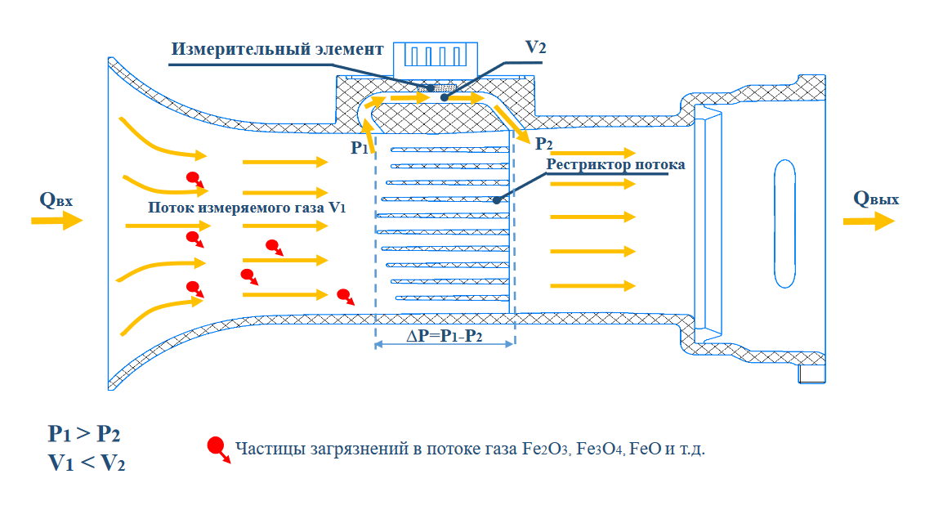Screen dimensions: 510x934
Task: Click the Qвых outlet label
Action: coord(876,199)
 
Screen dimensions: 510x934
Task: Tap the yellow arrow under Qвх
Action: coord(57,221)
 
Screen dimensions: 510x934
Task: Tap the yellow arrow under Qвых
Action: coord(874,220)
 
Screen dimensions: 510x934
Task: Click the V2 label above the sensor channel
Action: coord(535,47)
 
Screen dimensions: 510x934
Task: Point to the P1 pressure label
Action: coord(360,148)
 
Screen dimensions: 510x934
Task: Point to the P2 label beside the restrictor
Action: coord(543,145)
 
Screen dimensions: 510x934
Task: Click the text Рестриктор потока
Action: coord(615,164)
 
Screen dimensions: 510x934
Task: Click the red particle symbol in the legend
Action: coord(217,448)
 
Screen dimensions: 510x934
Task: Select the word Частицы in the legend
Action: coord(263,449)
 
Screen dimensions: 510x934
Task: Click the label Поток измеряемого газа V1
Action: coord(247,208)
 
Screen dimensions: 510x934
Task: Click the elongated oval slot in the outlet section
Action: coord(783,222)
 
